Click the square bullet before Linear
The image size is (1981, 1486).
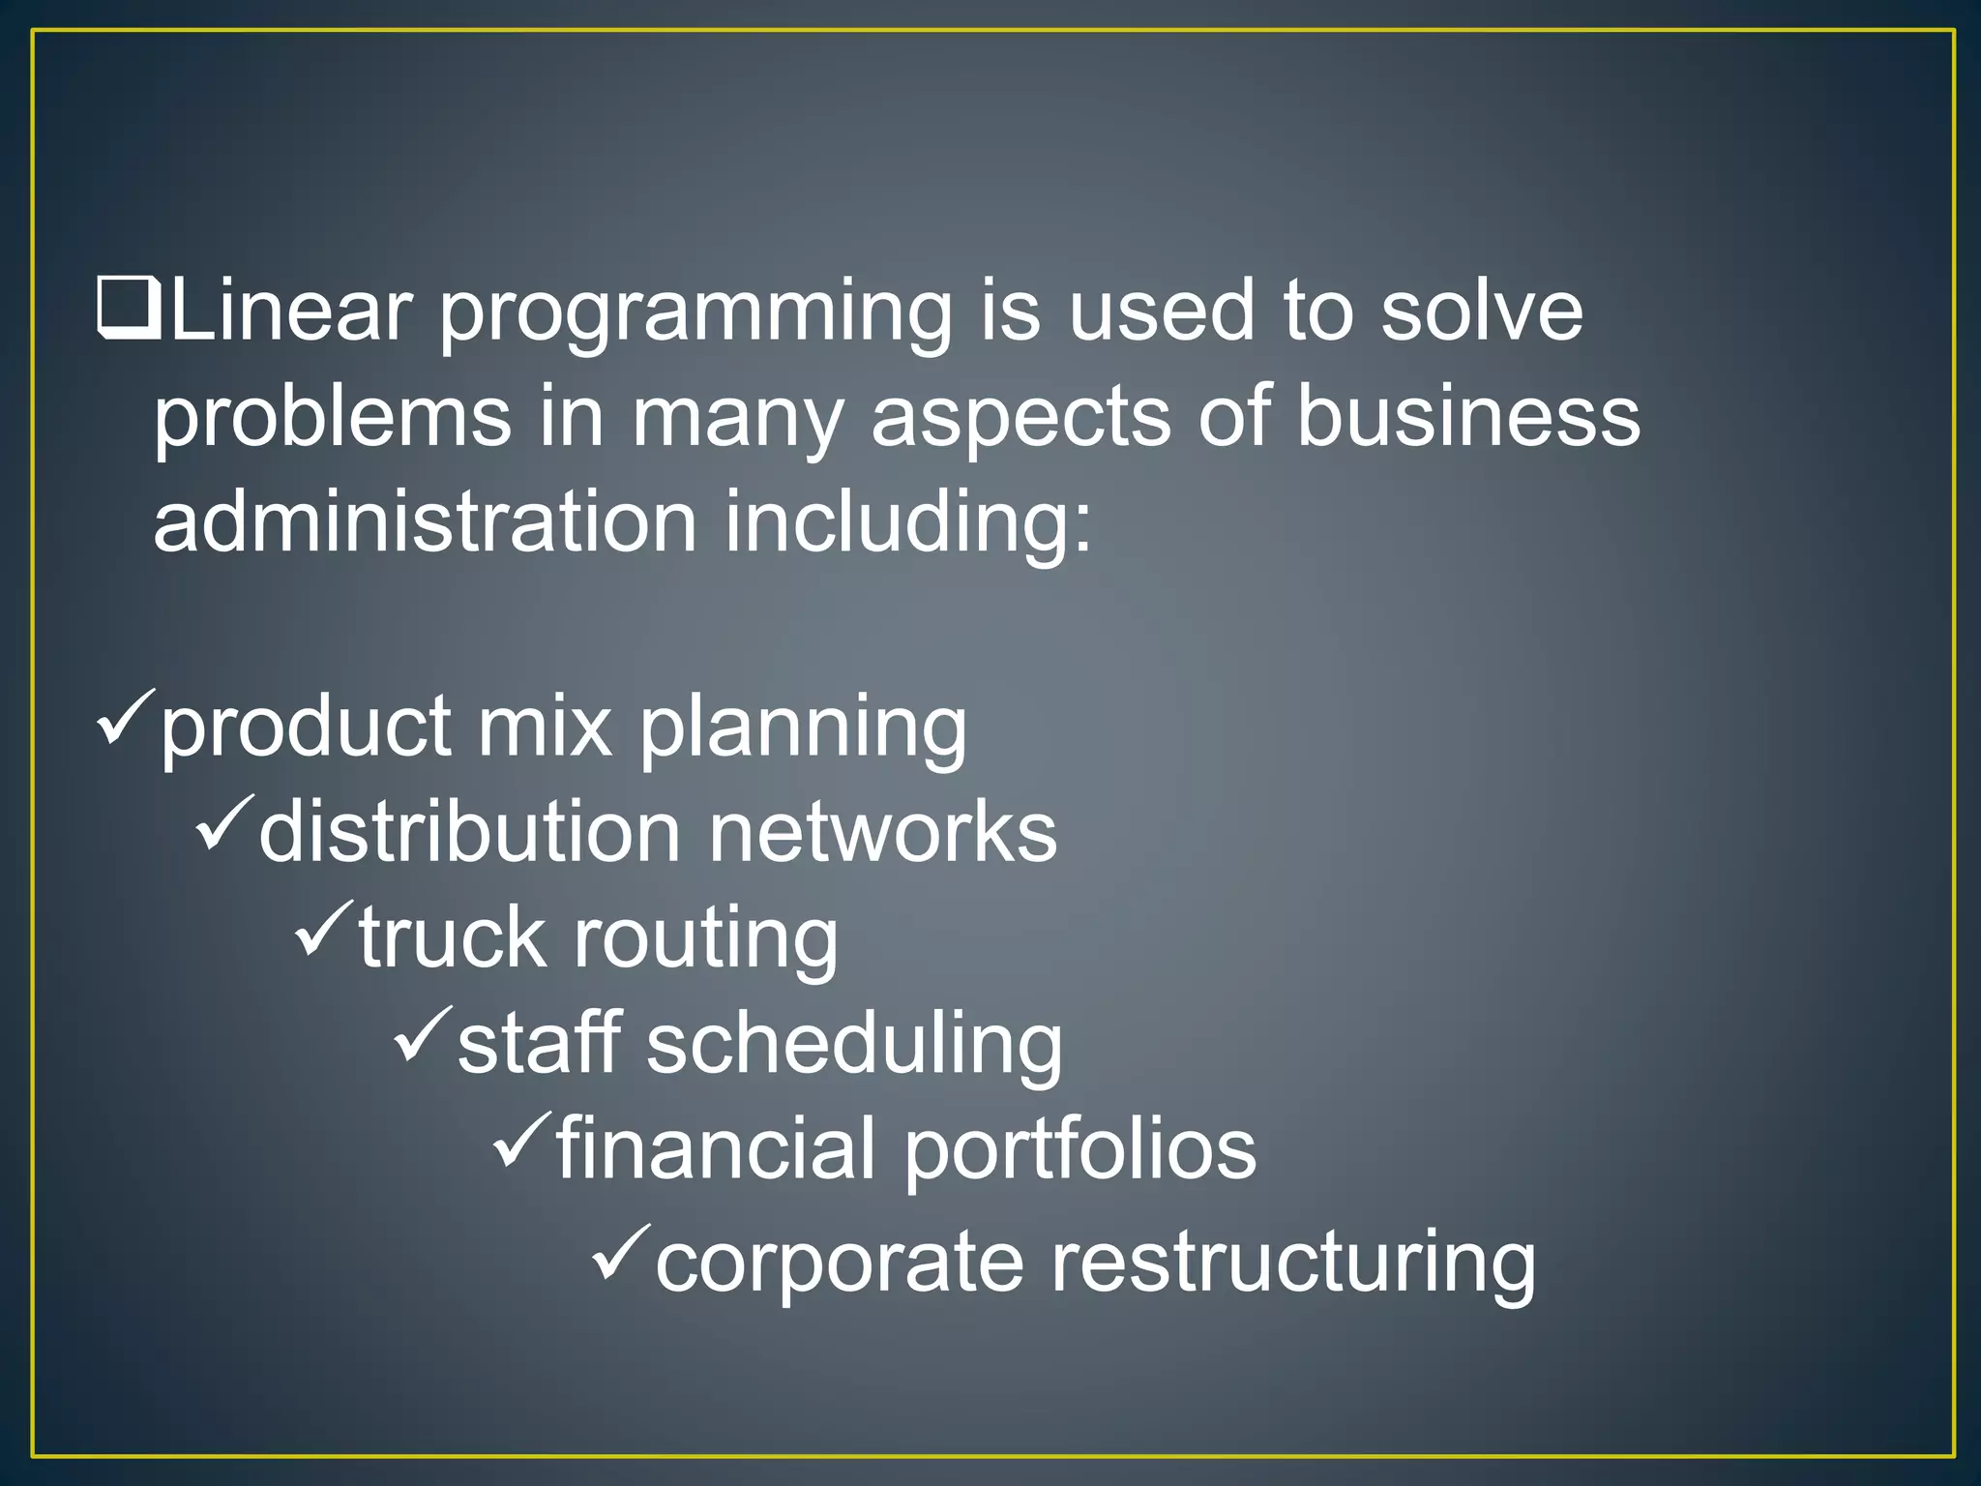coord(129,309)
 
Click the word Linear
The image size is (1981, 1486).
coord(291,311)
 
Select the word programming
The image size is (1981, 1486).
coord(696,314)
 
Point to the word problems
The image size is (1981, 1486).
coord(332,419)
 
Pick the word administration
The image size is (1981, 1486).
coord(426,522)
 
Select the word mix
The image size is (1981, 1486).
coord(546,727)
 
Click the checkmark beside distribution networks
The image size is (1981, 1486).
coord(224,821)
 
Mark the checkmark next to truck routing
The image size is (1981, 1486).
coord(324,928)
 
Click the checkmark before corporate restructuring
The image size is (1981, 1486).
coord(620,1252)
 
